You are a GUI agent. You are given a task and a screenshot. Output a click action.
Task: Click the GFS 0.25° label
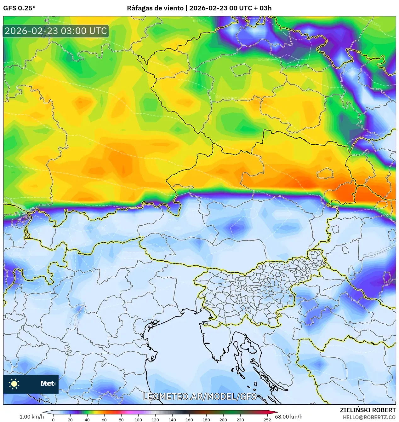point(19,8)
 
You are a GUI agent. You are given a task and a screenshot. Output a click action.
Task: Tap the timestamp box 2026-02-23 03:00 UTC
point(56,31)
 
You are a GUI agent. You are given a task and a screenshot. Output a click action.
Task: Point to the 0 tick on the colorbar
point(53,419)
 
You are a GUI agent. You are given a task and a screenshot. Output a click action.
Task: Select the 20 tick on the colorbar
point(70,419)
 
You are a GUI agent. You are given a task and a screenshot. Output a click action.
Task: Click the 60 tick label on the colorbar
point(104,419)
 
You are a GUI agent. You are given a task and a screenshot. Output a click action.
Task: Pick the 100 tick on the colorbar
point(138,419)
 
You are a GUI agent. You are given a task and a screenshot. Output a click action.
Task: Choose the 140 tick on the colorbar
point(172,419)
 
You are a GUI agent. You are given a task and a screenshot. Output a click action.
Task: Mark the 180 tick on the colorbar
point(206,419)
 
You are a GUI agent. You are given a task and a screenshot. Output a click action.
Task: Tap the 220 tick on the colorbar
point(240,419)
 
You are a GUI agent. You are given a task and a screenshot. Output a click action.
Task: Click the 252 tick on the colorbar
point(267,419)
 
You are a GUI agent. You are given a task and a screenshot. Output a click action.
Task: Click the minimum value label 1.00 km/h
point(31,417)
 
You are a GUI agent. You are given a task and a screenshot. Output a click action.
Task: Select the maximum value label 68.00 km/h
point(288,417)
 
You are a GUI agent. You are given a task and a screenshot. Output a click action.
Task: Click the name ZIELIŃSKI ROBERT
point(368,410)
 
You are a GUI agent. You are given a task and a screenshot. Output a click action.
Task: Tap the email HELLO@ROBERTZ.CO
point(369,417)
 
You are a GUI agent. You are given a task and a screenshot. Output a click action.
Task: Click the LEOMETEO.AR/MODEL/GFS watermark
point(200,396)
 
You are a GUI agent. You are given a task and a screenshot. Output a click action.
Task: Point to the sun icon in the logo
point(14,384)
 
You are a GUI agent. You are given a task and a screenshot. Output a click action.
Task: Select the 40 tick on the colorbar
point(87,419)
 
